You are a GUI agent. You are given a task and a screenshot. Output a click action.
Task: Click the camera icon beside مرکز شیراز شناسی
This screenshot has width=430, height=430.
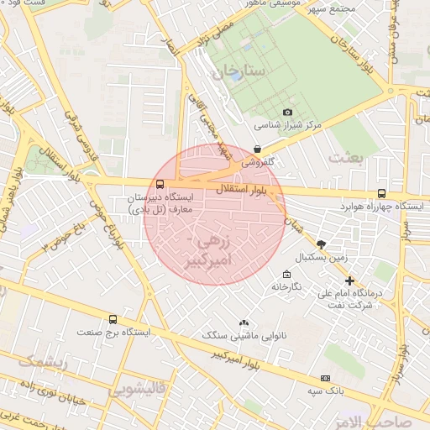[x=288, y=112]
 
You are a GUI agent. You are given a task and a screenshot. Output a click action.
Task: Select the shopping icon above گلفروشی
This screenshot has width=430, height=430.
[x=257, y=149]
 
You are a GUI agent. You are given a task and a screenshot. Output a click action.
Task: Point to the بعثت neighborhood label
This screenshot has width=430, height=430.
[x=348, y=157]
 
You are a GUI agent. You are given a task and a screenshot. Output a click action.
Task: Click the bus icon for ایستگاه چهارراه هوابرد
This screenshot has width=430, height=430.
[x=382, y=193]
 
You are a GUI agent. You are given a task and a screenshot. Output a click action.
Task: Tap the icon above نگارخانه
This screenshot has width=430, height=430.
[x=286, y=275]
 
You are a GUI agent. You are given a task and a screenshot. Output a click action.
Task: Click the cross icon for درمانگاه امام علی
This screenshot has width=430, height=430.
[x=349, y=281]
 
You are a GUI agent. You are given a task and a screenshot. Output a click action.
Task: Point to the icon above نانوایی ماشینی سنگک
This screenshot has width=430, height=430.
[x=244, y=322]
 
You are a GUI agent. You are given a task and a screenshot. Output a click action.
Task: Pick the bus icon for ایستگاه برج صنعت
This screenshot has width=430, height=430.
[x=113, y=319]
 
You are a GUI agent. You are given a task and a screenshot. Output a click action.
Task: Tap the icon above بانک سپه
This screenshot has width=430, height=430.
[x=326, y=378]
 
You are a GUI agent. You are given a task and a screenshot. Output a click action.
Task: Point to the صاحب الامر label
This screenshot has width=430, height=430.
[x=400, y=420]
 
